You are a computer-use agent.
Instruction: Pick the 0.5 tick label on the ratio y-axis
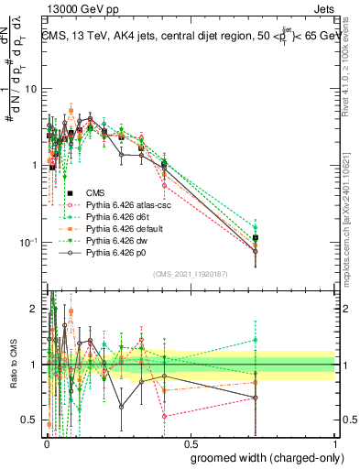(x=30, y=420)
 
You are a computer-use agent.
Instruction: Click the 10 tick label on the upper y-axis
(x=30, y=89)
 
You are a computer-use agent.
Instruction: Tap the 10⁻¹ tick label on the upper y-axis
(x=28, y=242)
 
